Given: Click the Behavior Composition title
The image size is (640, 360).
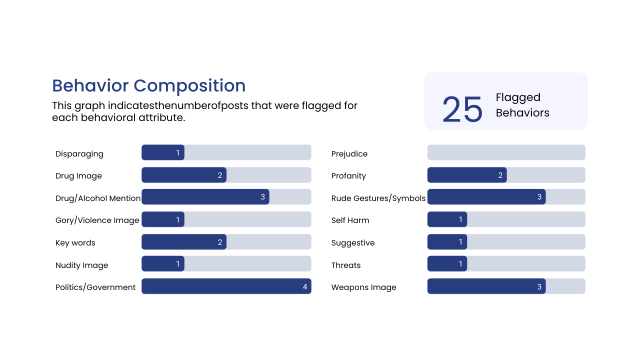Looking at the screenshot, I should pos(148,86).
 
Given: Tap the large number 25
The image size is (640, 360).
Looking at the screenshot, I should pos(462,109).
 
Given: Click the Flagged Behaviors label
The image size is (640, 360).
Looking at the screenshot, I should pos(522,105).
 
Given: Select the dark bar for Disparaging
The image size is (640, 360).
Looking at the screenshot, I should pos(163,152).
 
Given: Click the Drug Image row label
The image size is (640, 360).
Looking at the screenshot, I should pos(78,176).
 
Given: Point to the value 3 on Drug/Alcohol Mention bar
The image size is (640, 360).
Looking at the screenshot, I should pos(263,197).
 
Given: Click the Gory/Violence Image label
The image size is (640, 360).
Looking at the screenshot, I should pos(97,220).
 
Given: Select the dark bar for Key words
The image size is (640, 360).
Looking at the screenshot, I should pos(184,242).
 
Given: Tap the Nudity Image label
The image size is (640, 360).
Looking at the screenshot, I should pos(81,265).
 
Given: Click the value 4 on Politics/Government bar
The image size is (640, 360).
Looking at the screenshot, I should pos(305,287).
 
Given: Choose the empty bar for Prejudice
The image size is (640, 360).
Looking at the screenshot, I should pos(506,152).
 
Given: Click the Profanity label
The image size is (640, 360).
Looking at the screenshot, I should pos(348,176).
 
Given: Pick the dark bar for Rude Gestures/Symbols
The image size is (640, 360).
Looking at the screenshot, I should pos(486,197).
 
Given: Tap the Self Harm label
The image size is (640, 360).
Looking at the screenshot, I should pos(350,220).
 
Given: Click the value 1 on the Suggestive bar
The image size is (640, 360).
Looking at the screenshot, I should pos(461,242).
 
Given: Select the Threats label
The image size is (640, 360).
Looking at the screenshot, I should pos(346,265).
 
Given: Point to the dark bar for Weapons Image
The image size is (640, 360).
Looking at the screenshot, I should pos(486,286).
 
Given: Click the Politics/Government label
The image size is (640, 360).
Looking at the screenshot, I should pos(95,287).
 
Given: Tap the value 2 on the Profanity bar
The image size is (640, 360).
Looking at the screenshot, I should pos(500,175).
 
